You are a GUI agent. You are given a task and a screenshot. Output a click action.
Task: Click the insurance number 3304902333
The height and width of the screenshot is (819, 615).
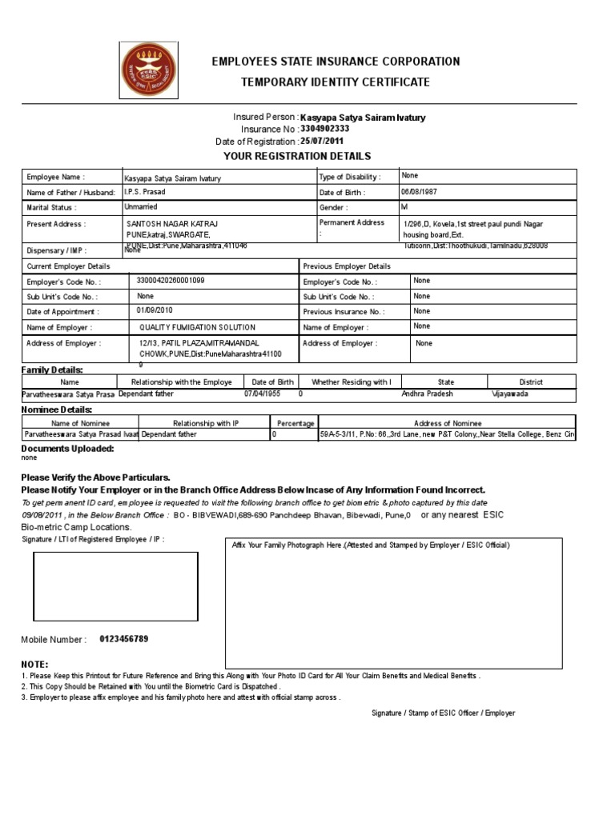(x=324, y=129)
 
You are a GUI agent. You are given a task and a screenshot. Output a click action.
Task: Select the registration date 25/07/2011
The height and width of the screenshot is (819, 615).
(x=332, y=142)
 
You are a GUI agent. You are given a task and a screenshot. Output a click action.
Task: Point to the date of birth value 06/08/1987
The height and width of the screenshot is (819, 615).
(x=421, y=193)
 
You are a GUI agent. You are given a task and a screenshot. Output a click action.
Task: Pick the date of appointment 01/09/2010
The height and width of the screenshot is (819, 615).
(x=155, y=311)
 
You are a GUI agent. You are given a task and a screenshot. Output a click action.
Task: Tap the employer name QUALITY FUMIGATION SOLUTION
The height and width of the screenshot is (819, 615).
(x=197, y=327)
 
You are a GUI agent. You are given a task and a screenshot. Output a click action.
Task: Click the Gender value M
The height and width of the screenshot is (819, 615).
(x=404, y=207)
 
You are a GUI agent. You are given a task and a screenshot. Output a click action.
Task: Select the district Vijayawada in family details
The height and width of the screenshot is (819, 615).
(x=510, y=394)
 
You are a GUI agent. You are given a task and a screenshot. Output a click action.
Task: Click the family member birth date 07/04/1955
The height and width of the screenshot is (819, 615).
(x=263, y=394)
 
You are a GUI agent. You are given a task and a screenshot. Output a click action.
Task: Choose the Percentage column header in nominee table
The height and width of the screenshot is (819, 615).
(x=295, y=423)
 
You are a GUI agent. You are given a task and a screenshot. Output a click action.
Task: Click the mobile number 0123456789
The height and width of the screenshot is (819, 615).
(x=123, y=639)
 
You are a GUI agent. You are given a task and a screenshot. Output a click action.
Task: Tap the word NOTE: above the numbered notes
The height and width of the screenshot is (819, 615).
(x=34, y=665)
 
